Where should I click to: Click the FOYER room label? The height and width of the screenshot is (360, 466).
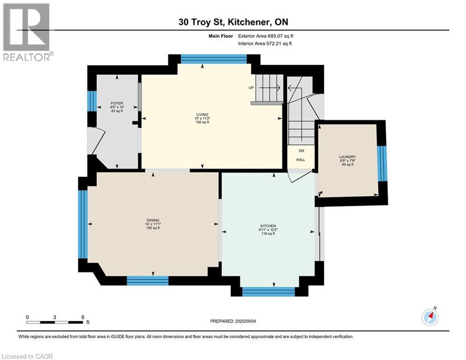tap(117, 103)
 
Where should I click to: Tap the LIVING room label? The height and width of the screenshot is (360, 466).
tap(202, 114)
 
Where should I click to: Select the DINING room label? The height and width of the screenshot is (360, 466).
tap(152, 220)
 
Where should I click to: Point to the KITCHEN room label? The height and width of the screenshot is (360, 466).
tap(268, 226)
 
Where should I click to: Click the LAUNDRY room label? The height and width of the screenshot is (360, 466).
tap(348, 157)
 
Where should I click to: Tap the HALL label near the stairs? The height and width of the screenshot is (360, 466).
tap(300, 160)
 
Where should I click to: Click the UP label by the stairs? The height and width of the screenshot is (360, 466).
tap(251, 88)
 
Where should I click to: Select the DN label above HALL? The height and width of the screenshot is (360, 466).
tap(301, 151)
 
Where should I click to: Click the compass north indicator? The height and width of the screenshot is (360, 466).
tap(430, 317)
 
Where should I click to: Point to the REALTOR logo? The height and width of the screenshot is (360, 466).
tap(27, 32)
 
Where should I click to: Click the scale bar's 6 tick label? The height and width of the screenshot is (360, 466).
tap(82, 317)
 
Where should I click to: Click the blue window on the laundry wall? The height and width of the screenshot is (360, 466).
tap(383, 163)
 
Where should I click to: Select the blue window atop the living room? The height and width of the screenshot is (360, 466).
tap(214, 59)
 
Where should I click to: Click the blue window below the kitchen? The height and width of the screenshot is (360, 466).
tap(268, 291)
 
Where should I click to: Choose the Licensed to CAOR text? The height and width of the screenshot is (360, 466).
tap(27, 356)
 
